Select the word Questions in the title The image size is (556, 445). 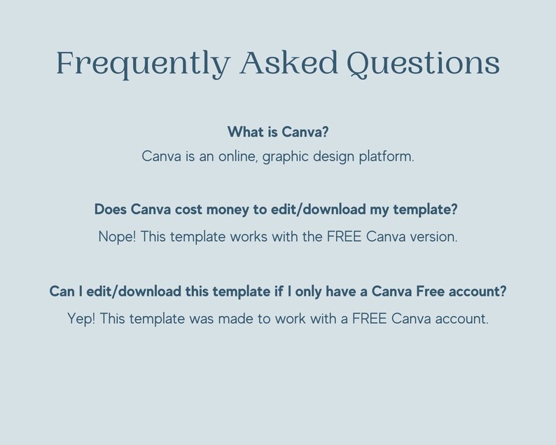[424, 64]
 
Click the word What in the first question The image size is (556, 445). [245, 132]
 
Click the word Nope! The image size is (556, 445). [118, 237]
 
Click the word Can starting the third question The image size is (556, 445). [62, 291]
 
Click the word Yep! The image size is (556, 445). [81, 319]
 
